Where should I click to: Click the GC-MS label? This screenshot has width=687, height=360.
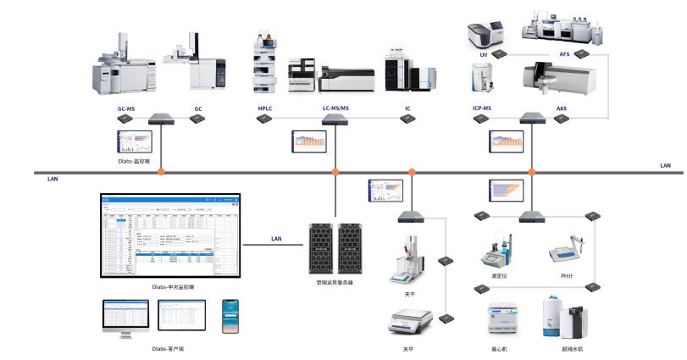coord(125,109)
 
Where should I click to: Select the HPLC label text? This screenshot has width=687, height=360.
coord(265,109)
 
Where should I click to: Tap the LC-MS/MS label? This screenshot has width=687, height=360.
coord(336,109)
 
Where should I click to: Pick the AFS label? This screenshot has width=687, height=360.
coord(565,54)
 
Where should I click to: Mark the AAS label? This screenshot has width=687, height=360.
coord(562,109)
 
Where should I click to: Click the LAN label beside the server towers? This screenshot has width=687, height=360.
coord(276,239)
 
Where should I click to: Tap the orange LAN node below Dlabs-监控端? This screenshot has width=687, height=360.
coord(159,172)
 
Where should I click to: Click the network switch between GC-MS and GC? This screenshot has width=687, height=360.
coord(160,119)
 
